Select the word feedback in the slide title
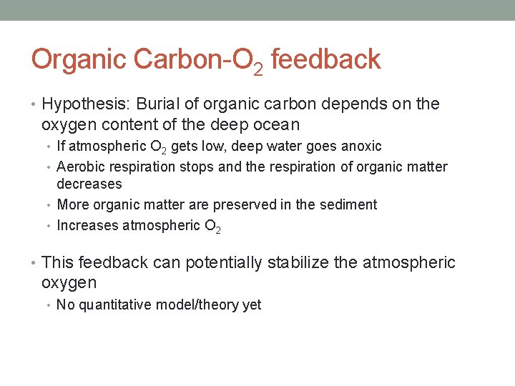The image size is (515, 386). pyautogui.click(x=325, y=59)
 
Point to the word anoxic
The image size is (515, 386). pyautogui.click(x=360, y=147)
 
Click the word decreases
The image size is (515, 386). pyautogui.click(x=89, y=184)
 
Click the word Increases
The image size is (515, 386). pyautogui.click(x=88, y=226)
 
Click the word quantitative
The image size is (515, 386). pyautogui.click(x=116, y=305)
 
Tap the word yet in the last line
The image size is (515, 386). pyautogui.click(x=252, y=305)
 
